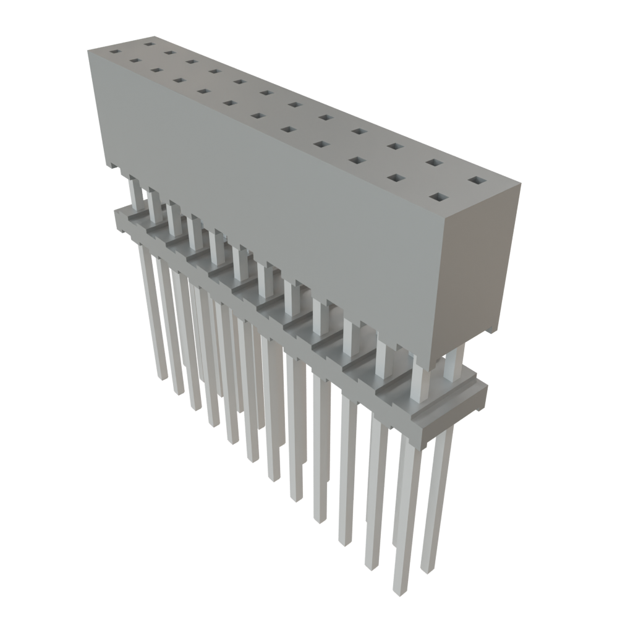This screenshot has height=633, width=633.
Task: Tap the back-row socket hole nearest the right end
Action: [477, 181]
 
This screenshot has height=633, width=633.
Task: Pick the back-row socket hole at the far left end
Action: [148, 44]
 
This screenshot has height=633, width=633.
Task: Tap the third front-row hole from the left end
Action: [155, 69]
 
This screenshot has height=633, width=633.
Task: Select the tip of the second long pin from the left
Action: [179, 391]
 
